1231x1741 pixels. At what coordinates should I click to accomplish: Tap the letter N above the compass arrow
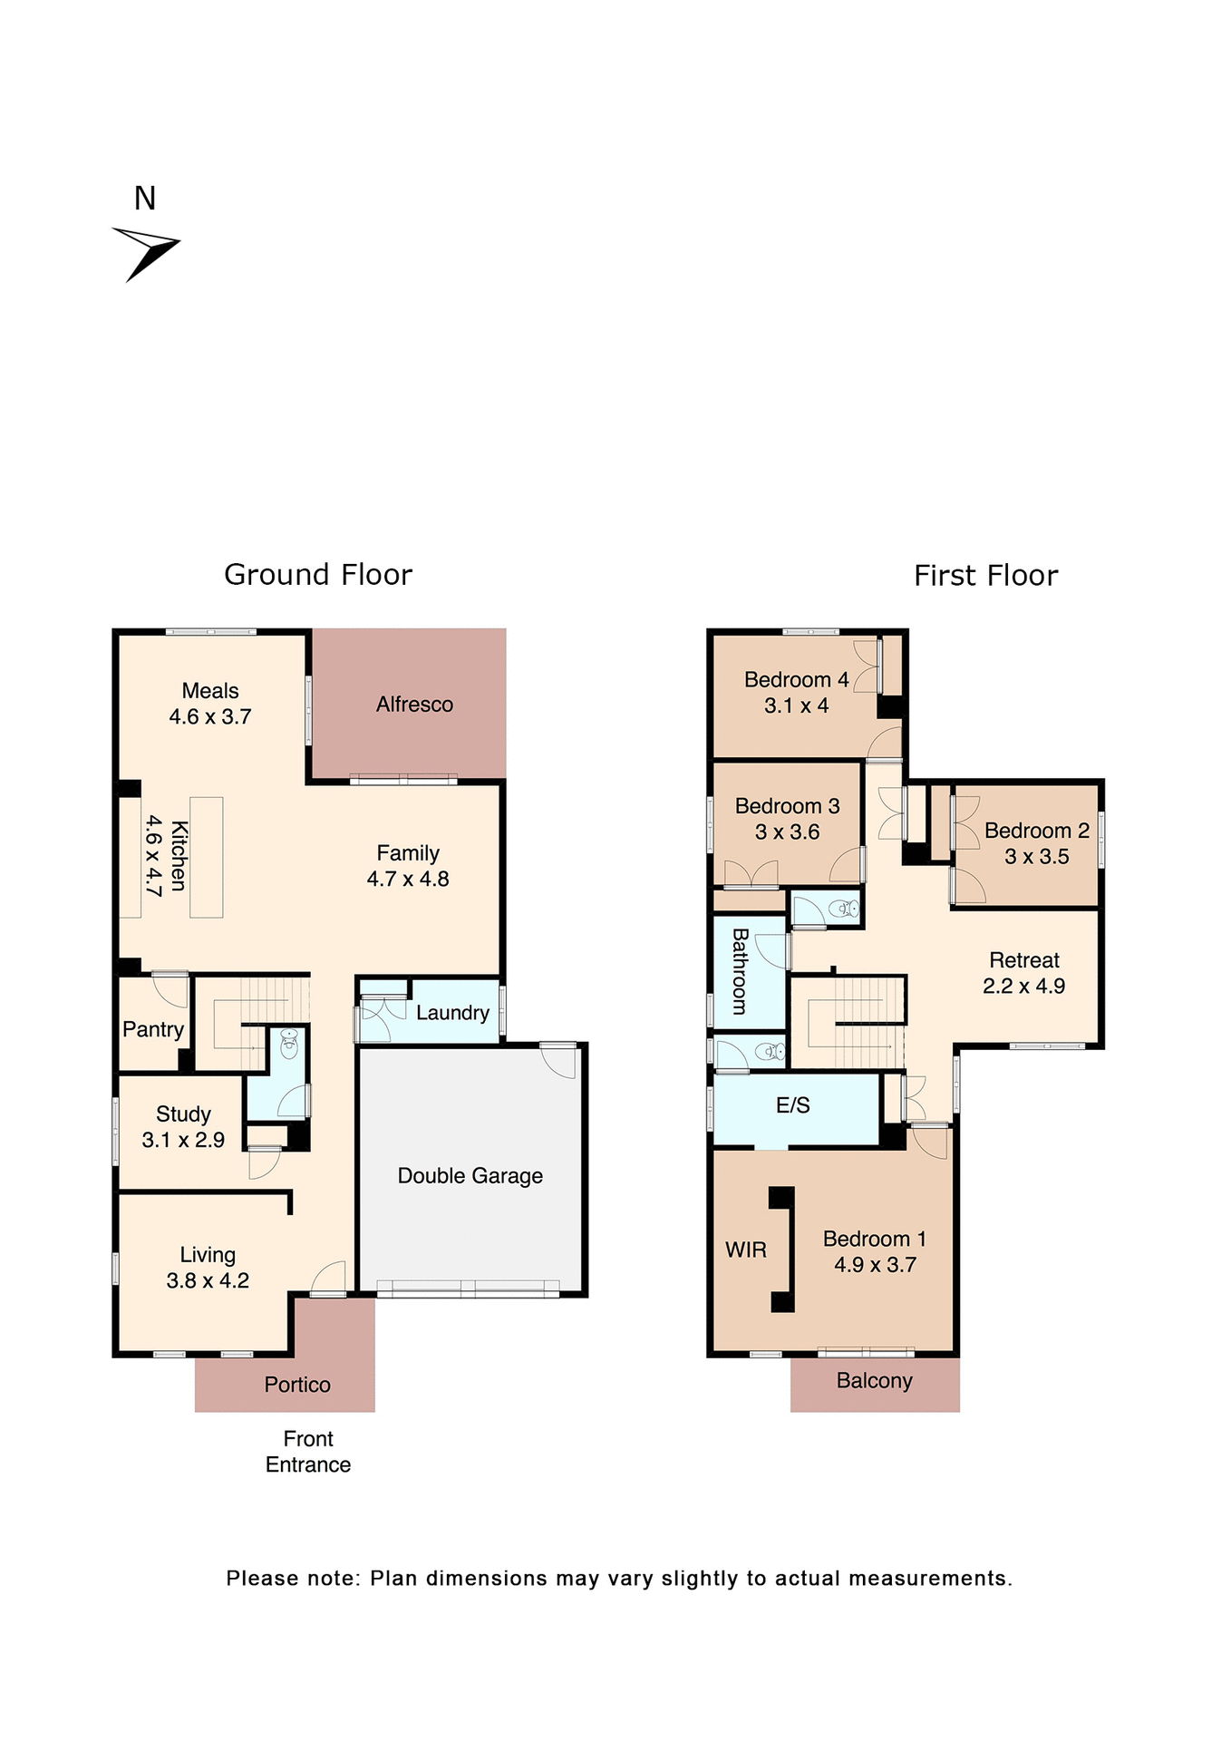(145, 199)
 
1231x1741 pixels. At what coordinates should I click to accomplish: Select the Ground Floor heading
(318, 575)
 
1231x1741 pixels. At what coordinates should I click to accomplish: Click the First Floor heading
(985, 576)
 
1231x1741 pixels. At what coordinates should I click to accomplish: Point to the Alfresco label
(414, 705)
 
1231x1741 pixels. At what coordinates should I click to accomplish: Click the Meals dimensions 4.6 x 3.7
(210, 716)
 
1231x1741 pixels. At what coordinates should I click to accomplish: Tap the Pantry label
(153, 1029)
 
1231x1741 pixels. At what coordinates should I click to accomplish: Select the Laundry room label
(452, 1013)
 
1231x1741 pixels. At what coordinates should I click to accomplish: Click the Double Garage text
(470, 1176)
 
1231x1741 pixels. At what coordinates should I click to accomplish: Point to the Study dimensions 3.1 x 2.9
(183, 1140)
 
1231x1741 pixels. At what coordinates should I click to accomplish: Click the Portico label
(297, 1385)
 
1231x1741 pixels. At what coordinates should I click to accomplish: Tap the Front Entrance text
(308, 1452)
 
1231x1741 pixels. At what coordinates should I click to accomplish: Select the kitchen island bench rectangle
(207, 857)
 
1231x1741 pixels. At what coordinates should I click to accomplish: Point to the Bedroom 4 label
(796, 680)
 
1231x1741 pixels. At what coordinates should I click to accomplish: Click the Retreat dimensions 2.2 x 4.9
(1023, 986)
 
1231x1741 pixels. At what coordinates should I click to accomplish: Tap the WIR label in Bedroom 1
(746, 1250)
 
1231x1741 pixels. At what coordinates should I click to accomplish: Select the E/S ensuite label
(793, 1105)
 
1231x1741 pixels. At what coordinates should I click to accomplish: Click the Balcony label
(874, 1381)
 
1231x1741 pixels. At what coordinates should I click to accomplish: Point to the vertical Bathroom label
(740, 971)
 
